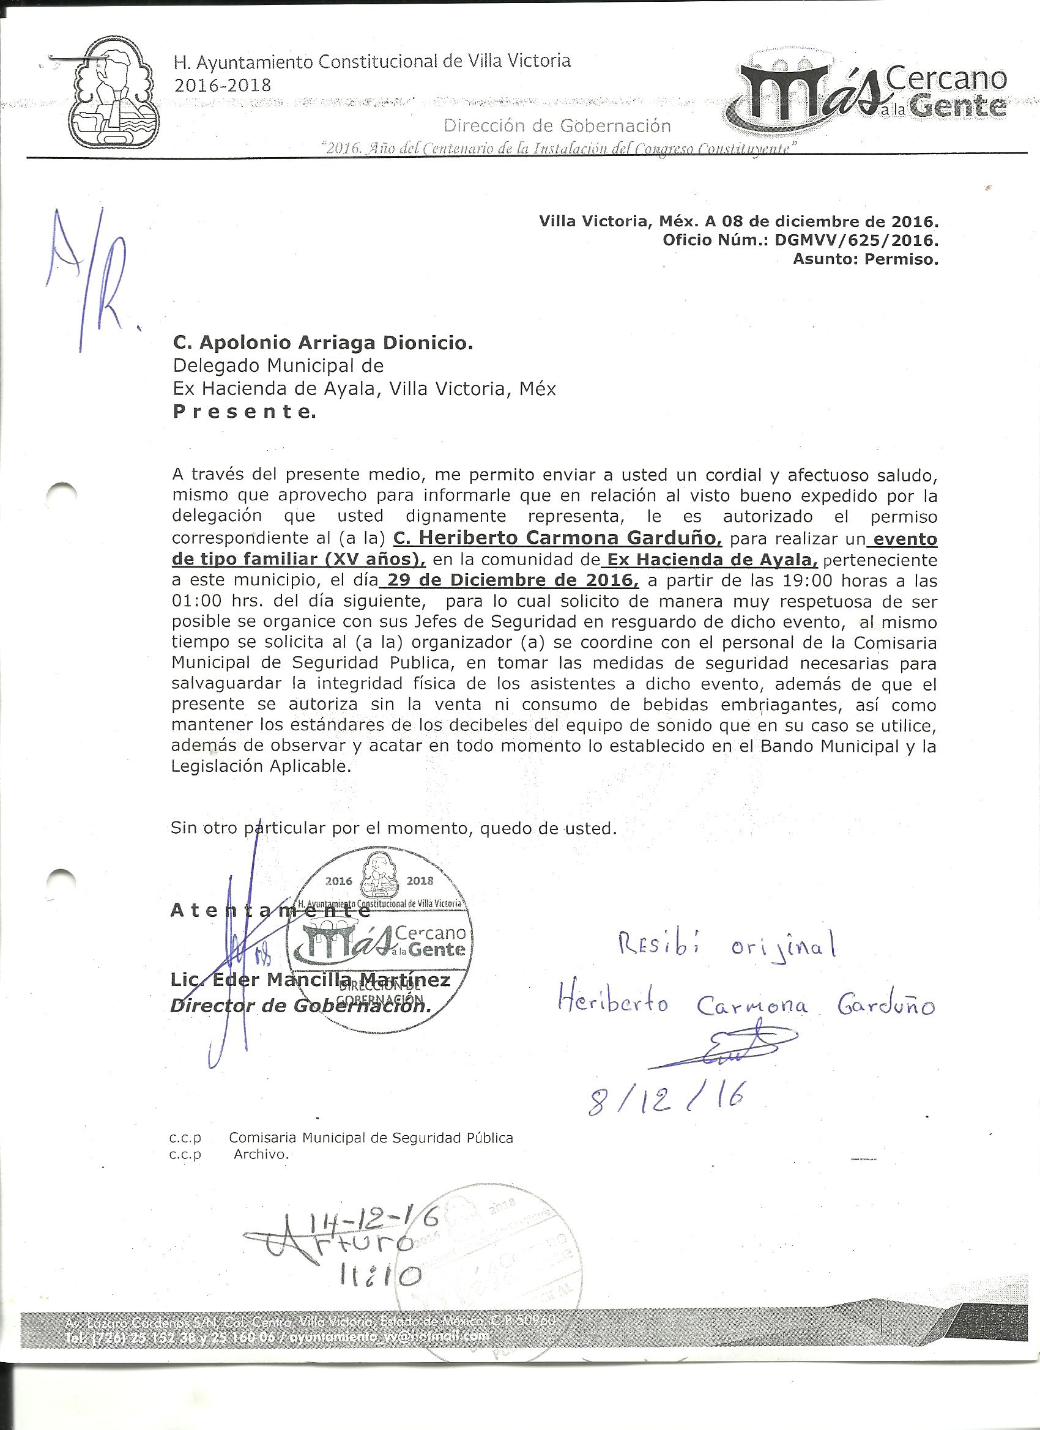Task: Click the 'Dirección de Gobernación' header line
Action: (557, 126)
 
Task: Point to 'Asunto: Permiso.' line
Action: (864, 259)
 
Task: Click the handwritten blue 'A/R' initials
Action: (87, 281)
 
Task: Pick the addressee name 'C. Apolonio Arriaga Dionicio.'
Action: (322, 343)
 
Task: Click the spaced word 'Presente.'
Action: (243, 412)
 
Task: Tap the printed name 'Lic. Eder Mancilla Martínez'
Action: (310, 980)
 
